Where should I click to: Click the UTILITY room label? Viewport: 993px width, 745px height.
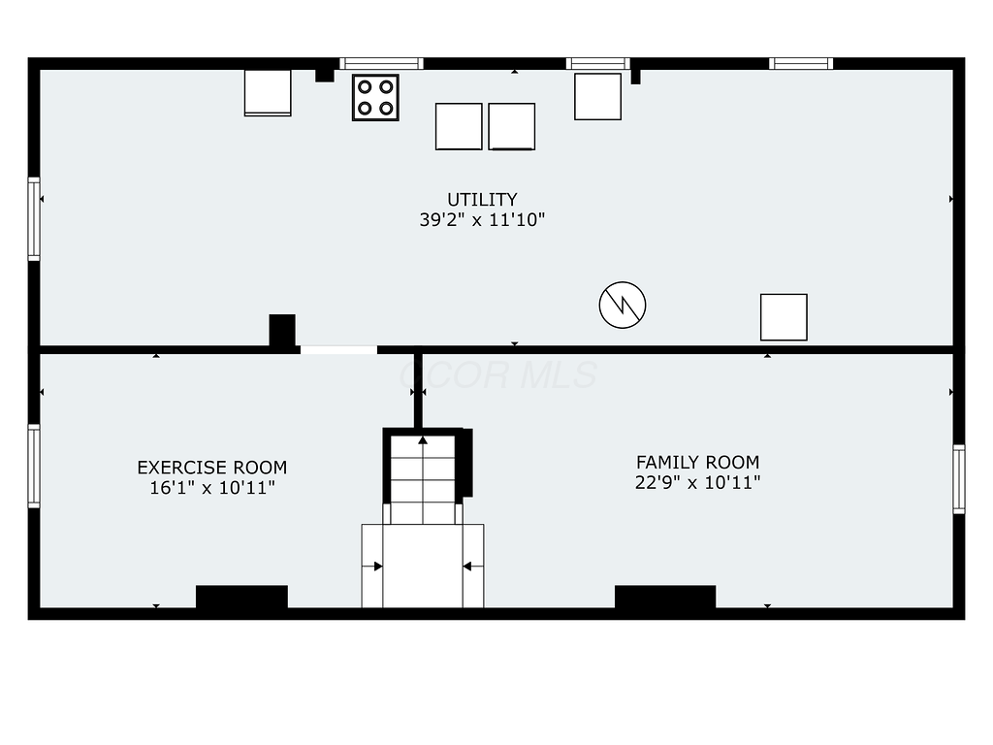coord(482,200)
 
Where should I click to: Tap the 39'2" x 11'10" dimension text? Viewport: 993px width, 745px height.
coord(482,220)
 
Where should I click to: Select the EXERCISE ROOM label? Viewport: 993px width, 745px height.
coord(211,468)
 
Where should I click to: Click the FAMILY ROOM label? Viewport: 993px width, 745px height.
coord(697,463)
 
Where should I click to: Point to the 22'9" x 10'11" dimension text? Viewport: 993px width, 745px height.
coord(697,483)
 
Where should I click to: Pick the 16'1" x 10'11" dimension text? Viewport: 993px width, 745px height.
coord(211,488)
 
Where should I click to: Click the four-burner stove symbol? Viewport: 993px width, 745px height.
coord(375,97)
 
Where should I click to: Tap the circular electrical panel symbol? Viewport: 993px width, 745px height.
coord(623,306)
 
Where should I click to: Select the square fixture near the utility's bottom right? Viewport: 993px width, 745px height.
coord(784,317)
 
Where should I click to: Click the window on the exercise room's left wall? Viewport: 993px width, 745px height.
coord(34,466)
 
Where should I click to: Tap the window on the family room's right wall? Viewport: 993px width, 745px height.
coord(959,478)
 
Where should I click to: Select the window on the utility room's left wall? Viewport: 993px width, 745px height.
coord(34,218)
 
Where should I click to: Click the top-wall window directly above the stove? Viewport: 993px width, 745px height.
coord(381,64)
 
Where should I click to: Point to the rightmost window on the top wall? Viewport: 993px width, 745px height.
coord(801,64)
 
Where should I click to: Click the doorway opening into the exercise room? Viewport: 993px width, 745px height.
coord(337,349)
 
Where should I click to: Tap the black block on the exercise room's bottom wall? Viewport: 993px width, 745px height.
coord(241,597)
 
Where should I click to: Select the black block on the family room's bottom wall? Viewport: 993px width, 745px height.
coord(665,597)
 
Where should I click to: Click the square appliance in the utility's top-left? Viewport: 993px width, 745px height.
coord(268,93)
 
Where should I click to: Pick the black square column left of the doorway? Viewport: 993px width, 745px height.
coord(282,330)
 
